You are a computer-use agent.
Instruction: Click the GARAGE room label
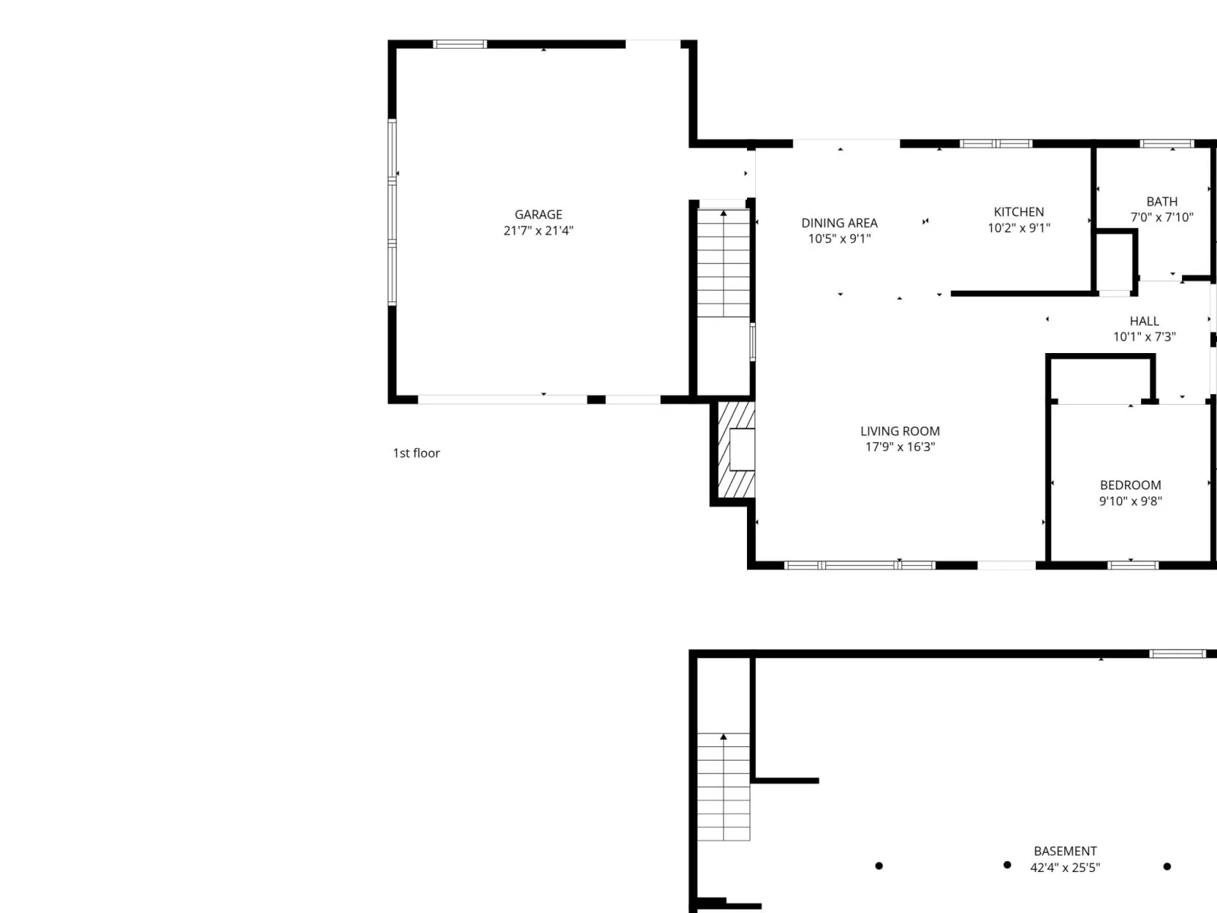click(538, 215)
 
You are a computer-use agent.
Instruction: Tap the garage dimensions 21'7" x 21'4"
click(538, 231)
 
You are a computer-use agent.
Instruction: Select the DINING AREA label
click(840, 223)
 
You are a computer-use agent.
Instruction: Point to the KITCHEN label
click(1018, 212)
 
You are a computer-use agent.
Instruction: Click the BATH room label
click(1161, 202)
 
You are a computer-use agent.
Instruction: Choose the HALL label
click(1144, 321)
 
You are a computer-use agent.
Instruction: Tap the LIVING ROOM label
click(900, 431)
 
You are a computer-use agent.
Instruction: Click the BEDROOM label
click(1130, 485)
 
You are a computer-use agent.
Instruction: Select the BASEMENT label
click(1065, 851)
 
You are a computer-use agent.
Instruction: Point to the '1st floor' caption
click(416, 453)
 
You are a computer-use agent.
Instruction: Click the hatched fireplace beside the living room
click(736, 450)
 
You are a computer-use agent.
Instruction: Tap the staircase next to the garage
click(723, 262)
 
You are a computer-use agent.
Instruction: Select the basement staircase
click(723, 787)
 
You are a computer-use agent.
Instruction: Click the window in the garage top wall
click(459, 44)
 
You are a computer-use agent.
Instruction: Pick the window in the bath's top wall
click(1167, 144)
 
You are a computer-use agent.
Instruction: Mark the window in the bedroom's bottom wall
click(1133, 565)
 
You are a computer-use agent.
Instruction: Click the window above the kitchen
click(996, 144)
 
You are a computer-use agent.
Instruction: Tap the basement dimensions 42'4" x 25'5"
click(1065, 867)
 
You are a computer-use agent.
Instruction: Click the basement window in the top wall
click(1177, 654)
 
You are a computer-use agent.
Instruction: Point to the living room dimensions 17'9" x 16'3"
click(900, 447)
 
